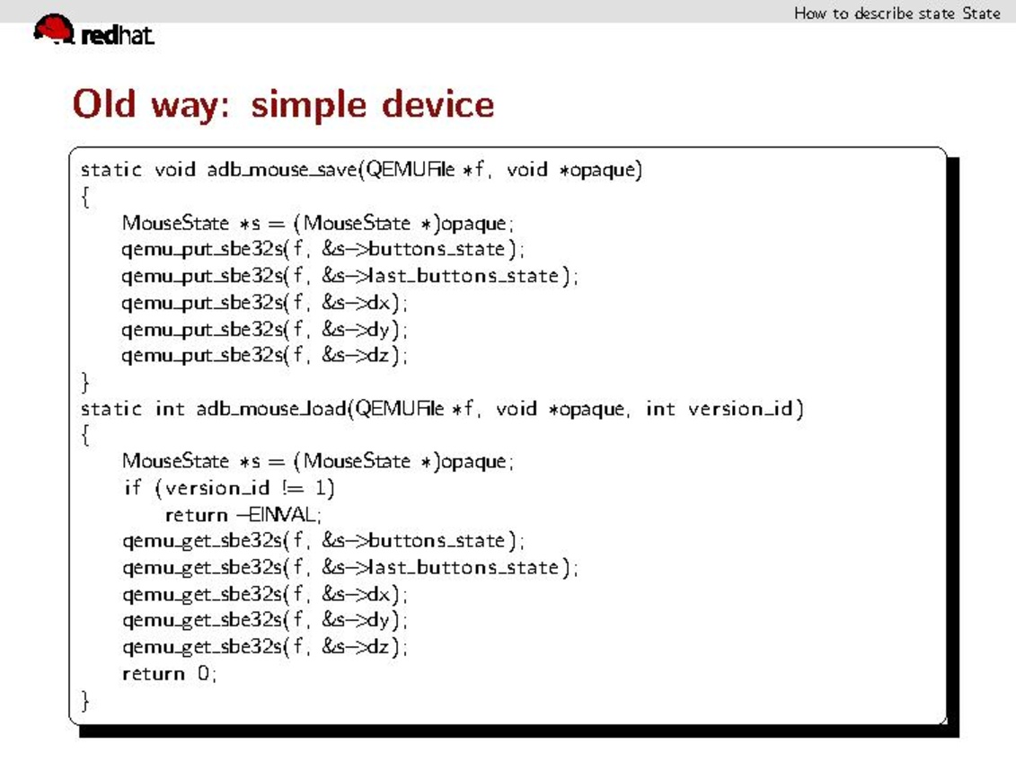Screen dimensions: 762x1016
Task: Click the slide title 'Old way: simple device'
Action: tap(283, 104)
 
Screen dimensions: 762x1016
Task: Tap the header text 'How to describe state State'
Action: tap(896, 13)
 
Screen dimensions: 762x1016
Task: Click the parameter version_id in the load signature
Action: tap(741, 410)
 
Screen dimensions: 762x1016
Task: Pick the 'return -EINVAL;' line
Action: tap(243, 515)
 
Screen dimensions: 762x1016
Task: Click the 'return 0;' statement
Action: tap(170, 673)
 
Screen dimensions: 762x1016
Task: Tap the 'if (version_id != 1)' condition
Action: tap(229, 488)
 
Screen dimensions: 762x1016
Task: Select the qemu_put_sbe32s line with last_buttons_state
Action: tap(350, 276)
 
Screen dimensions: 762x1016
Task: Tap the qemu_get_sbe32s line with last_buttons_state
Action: tap(350, 568)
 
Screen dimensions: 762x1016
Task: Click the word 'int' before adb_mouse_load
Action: tap(171, 410)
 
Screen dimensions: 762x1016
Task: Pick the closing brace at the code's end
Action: tap(86, 700)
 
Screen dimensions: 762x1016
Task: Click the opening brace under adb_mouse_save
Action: tap(86, 197)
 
